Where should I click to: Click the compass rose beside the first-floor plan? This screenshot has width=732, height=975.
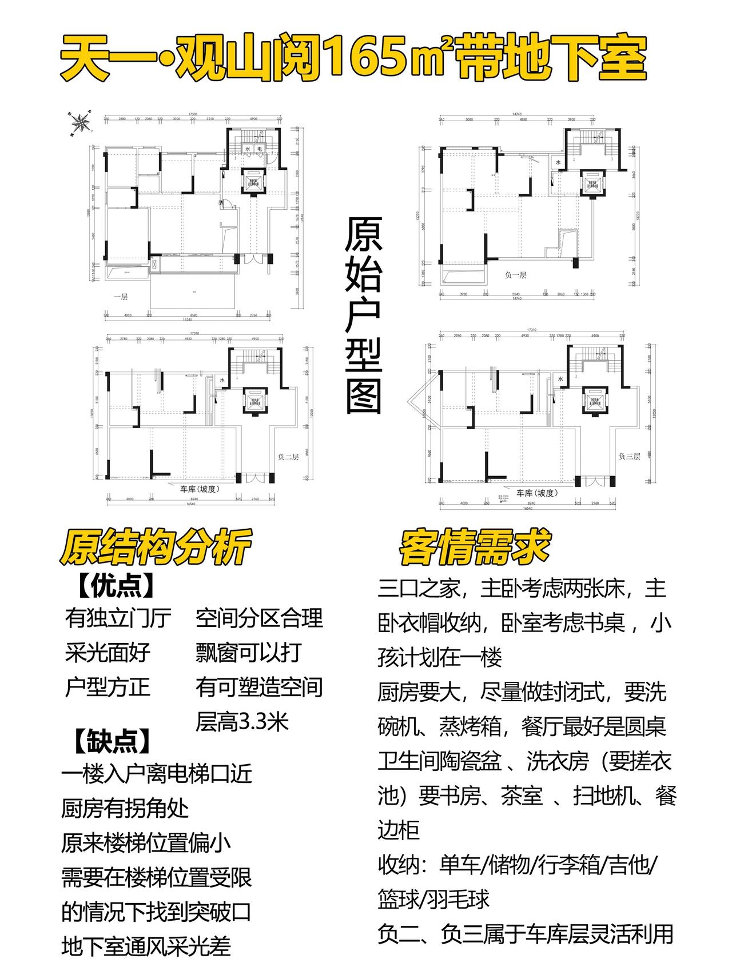79,122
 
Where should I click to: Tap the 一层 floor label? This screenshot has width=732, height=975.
120,297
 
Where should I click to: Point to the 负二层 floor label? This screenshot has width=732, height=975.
288,457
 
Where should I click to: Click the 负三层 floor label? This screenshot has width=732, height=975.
629,457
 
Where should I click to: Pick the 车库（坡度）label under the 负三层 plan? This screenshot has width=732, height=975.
537,493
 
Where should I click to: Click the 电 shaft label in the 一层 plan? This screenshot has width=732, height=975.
259,149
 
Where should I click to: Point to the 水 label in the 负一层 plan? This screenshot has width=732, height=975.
558,162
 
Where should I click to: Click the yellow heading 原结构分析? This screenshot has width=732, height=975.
155,548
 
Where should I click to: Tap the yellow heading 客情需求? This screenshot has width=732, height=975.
475,548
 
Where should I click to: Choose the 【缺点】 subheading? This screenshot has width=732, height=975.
113,741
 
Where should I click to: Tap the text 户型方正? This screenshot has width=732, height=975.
108,687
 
